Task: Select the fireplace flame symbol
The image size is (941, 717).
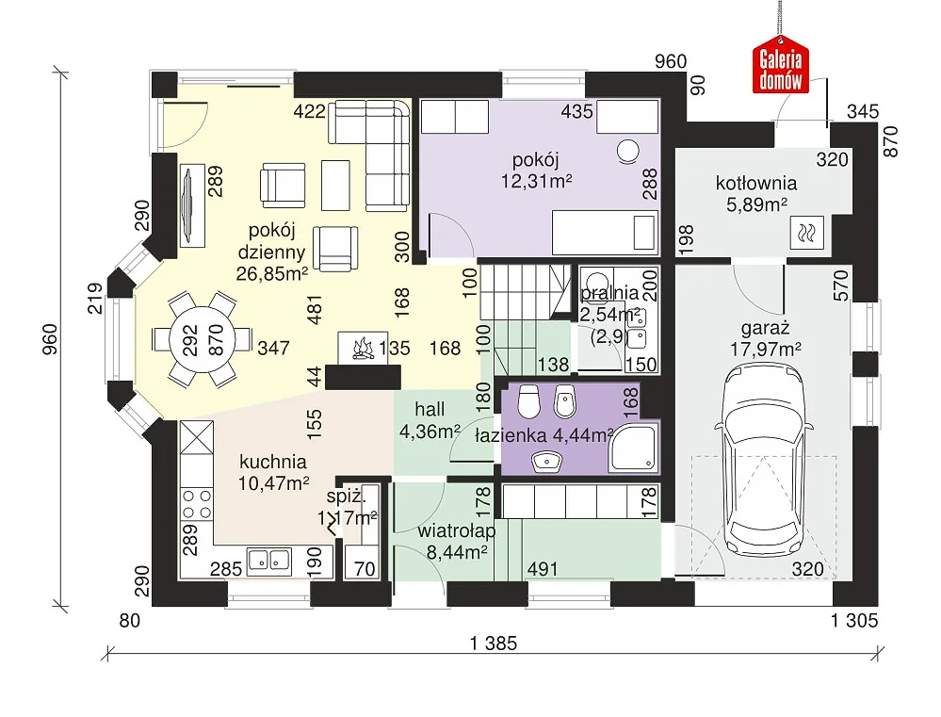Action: pyautogui.click(x=363, y=349)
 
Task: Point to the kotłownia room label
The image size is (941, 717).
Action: pyautogui.click(x=756, y=183)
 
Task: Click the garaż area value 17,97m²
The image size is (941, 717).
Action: pyautogui.click(x=766, y=350)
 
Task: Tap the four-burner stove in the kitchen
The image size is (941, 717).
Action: pyautogui.click(x=197, y=504)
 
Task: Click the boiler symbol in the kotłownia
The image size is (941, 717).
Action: pyautogui.click(x=807, y=232)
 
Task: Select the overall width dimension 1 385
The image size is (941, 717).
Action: pyautogui.click(x=494, y=644)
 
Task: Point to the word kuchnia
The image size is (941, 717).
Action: pyautogui.click(x=273, y=462)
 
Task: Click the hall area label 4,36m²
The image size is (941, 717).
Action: pyautogui.click(x=430, y=432)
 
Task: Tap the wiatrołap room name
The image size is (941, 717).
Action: pyautogui.click(x=457, y=531)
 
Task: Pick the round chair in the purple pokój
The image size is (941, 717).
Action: pyautogui.click(x=628, y=151)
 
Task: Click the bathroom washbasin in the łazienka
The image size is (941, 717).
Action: pyautogui.click(x=545, y=461)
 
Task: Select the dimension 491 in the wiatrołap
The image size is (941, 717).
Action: pyautogui.click(x=543, y=568)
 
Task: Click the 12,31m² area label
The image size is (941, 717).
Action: pyautogui.click(x=537, y=181)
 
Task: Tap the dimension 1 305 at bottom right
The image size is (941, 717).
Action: pyautogui.click(x=854, y=620)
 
